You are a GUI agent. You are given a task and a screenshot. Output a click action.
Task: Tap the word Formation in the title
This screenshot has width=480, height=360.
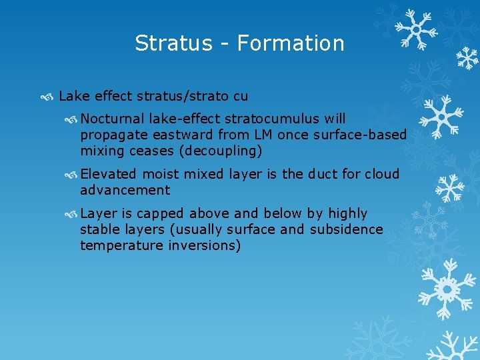click(291, 43)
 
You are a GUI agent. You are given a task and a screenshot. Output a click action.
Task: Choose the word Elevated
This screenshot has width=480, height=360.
click(108, 174)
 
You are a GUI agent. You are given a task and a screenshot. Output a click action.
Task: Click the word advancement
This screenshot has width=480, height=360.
click(125, 191)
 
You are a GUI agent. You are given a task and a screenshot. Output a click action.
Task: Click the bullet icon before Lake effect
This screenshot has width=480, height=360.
click(47, 97)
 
